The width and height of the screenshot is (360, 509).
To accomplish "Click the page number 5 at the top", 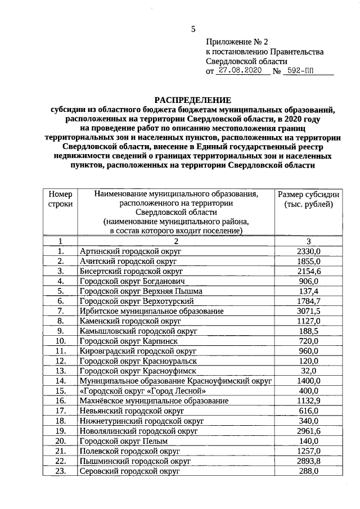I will [x=193, y=29].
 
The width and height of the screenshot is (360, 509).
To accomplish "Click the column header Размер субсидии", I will [x=308, y=194].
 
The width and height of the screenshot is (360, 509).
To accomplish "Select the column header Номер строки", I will [x=60, y=199].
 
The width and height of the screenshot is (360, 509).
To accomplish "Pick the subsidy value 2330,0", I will [x=308, y=251].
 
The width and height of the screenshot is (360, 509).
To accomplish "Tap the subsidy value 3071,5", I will [x=308, y=310].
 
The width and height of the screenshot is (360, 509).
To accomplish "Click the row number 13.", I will [x=60, y=371].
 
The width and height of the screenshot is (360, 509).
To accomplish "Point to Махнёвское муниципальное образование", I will [x=154, y=400].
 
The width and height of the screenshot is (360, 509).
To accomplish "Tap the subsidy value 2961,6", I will [x=308, y=431].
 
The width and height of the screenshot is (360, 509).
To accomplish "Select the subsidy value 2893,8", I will [x=308, y=461].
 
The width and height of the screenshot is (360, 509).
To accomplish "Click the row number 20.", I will [x=60, y=441].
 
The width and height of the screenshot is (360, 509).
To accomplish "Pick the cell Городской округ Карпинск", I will [x=128, y=341].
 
